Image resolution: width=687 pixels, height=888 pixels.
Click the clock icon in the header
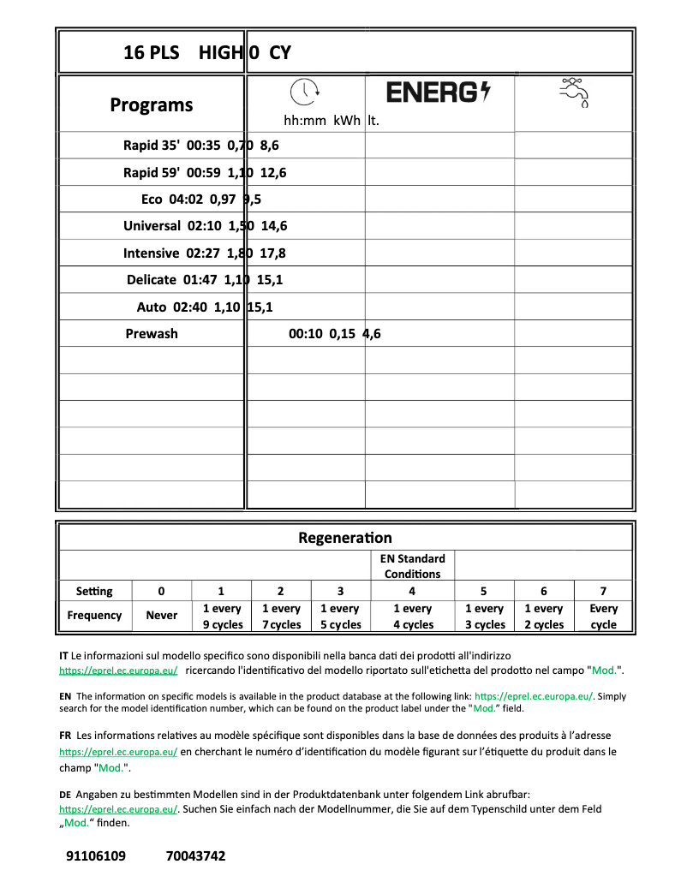(x=303, y=92)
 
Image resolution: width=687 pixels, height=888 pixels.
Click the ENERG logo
(x=439, y=92)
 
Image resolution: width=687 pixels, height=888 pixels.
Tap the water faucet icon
(x=574, y=92)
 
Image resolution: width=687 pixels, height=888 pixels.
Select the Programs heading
(x=152, y=105)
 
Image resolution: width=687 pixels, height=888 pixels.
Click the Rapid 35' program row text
(x=201, y=146)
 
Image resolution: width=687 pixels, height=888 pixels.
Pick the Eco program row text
(x=201, y=200)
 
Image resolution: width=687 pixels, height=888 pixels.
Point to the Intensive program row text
(x=205, y=253)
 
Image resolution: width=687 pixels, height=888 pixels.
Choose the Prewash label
(x=152, y=334)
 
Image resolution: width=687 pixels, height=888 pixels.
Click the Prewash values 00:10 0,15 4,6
(x=335, y=334)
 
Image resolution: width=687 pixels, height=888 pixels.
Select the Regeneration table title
(x=345, y=538)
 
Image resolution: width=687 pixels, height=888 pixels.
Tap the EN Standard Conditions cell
(x=412, y=566)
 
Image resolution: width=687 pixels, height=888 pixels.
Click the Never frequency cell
(x=162, y=616)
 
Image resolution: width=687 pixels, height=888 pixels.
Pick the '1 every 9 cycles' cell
(x=222, y=617)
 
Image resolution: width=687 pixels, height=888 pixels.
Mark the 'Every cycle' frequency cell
(x=603, y=617)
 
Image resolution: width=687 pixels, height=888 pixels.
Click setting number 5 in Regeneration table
(x=483, y=591)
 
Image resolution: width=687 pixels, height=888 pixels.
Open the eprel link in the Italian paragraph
(x=118, y=670)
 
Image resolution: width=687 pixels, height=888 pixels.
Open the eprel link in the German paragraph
(x=118, y=808)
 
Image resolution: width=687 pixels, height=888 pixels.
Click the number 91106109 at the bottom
(x=95, y=855)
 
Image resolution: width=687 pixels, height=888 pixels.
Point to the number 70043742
(x=195, y=855)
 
